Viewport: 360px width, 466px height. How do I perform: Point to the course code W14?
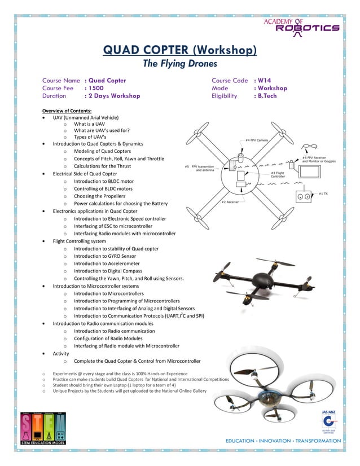click(x=262, y=81)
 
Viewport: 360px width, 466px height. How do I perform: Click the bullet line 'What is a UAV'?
click(x=89, y=124)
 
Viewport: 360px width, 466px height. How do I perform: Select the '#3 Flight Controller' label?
click(x=278, y=174)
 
